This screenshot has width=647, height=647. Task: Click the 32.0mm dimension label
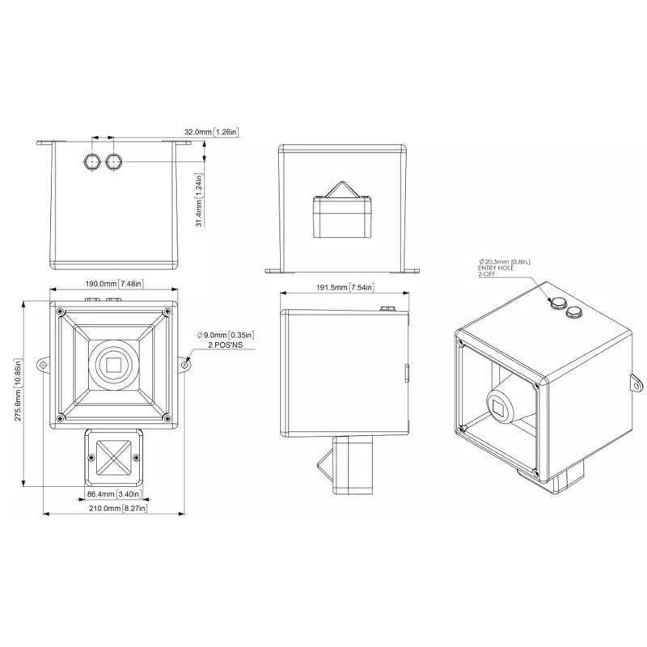pos(211,132)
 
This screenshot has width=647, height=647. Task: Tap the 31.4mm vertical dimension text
pos(199,200)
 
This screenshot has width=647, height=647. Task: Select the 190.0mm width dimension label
pos(114,284)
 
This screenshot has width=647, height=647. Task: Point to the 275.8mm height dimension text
pos(18,390)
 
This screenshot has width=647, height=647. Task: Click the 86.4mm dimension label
pos(114,494)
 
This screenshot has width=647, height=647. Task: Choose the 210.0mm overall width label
pos(118,509)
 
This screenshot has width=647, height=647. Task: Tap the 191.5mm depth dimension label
pos(345,287)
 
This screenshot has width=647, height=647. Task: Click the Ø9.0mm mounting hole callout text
pos(226,335)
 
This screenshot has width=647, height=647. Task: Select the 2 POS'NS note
pos(226,345)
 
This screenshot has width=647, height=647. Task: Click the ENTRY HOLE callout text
pos(496,268)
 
